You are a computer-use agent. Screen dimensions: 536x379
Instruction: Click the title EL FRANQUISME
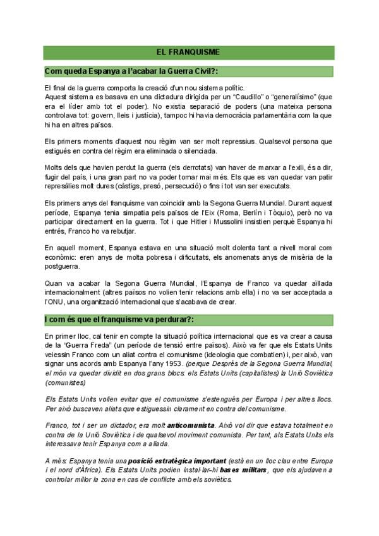pyautogui.click(x=189, y=52)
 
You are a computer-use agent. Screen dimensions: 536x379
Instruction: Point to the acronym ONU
pyautogui.click(x=58, y=303)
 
